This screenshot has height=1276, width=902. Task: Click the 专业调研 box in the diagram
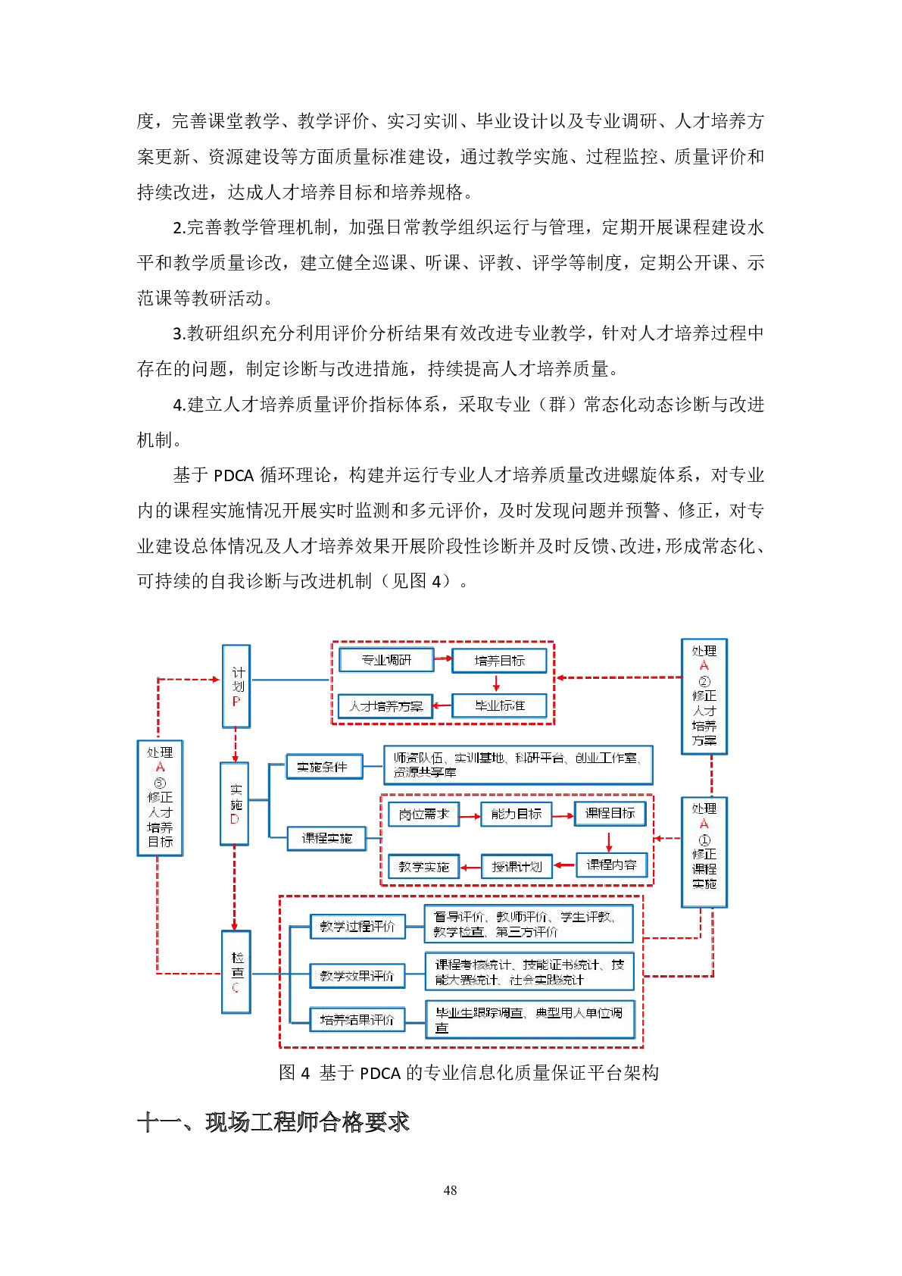click(x=386, y=660)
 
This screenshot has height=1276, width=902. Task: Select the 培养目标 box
click(x=499, y=661)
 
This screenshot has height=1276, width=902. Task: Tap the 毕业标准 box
click(x=499, y=705)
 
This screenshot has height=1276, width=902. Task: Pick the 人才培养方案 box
click(x=385, y=706)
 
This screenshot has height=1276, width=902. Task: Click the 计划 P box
click(x=236, y=686)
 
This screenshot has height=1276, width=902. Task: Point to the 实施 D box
click(x=235, y=803)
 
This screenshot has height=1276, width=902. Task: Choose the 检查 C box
click(x=236, y=972)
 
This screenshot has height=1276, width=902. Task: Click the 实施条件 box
click(x=323, y=767)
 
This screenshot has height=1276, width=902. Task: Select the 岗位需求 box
click(x=423, y=814)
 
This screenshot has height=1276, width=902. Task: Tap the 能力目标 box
click(x=517, y=814)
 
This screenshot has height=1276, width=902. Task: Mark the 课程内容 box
click(x=611, y=865)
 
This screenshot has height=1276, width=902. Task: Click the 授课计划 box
click(x=517, y=866)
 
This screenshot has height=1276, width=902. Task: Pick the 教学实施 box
click(x=423, y=866)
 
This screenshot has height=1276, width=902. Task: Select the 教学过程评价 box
click(x=357, y=926)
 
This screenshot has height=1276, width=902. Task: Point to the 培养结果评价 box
click(x=357, y=1020)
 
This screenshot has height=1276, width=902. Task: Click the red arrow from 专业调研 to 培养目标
click(x=443, y=659)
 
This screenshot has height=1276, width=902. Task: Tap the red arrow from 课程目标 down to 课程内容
click(x=609, y=841)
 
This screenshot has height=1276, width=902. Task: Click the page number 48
click(x=450, y=1190)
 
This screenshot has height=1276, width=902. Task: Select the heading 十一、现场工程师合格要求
click(x=273, y=1122)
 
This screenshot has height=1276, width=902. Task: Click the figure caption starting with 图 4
click(x=469, y=1072)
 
